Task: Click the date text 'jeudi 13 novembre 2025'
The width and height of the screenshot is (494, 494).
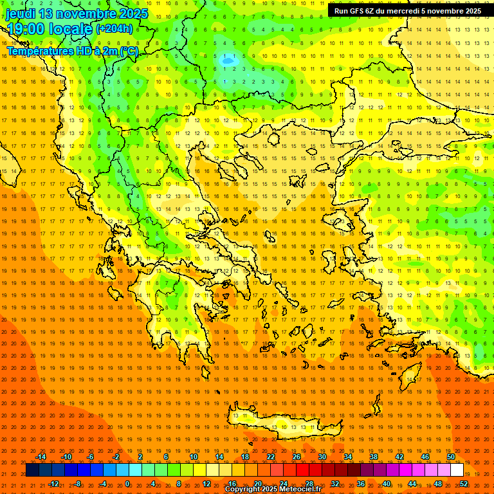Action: (x=77, y=14)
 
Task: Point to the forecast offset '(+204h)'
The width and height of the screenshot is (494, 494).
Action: (x=115, y=29)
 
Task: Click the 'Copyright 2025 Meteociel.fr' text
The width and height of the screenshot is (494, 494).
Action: (x=273, y=489)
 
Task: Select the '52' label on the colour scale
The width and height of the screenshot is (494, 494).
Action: (x=464, y=484)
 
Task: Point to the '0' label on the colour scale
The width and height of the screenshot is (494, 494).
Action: (x=127, y=484)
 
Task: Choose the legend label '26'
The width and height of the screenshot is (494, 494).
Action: (x=297, y=457)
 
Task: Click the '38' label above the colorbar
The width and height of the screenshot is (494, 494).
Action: (x=374, y=457)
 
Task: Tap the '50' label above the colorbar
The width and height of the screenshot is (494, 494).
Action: (x=451, y=457)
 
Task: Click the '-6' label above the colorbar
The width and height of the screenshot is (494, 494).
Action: (x=91, y=457)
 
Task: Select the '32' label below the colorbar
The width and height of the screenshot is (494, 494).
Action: (x=334, y=484)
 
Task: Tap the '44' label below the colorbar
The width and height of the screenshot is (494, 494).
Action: (x=412, y=484)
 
